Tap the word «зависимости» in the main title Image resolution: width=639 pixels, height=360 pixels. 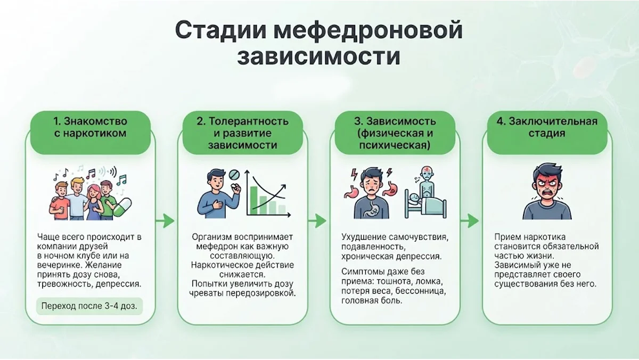pos(318,56)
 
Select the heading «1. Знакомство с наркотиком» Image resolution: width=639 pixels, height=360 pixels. pos(90,127)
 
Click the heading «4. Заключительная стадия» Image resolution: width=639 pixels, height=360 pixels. pos(547,127)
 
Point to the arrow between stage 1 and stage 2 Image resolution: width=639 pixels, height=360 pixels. pos(165,221)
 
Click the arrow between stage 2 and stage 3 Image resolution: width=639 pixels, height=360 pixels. pos(317,221)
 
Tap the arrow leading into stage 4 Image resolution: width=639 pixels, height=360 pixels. pos(470,221)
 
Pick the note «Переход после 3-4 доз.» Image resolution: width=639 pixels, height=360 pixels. pos(89,306)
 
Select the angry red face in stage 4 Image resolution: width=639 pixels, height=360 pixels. pos(547,189)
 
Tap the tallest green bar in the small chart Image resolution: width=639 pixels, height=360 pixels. pos(253,201)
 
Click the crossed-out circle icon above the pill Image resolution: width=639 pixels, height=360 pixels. pos(234,174)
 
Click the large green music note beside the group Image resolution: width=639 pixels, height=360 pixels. pos(122,179)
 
